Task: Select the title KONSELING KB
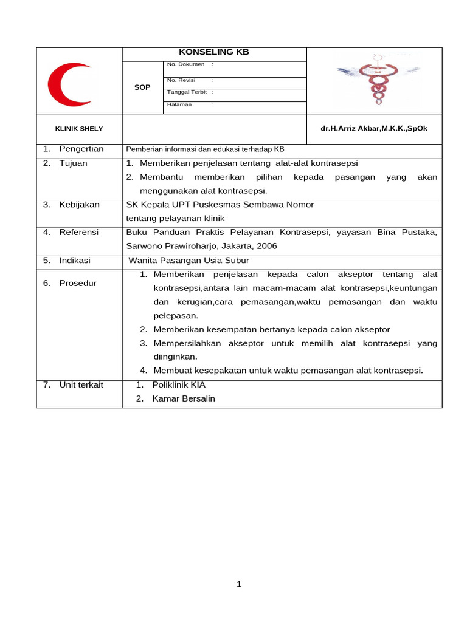point(214,52)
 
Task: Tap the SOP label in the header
point(142,87)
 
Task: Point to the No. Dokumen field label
point(185,64)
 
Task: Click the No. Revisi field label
point(181,80)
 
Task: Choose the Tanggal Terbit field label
point(187,92)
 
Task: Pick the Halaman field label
point(179,104)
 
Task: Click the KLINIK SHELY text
point(79,129)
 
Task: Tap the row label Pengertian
point(81,149)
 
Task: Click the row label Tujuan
point(73,163)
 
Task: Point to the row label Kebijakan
point(79,205)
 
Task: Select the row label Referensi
point(78,232)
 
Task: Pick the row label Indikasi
point(75,260)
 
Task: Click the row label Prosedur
point(78,283)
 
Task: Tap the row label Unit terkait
point(81,385)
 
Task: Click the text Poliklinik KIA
point(179,385)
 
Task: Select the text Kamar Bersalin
point(184,399)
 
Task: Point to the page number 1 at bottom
point(239,584)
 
